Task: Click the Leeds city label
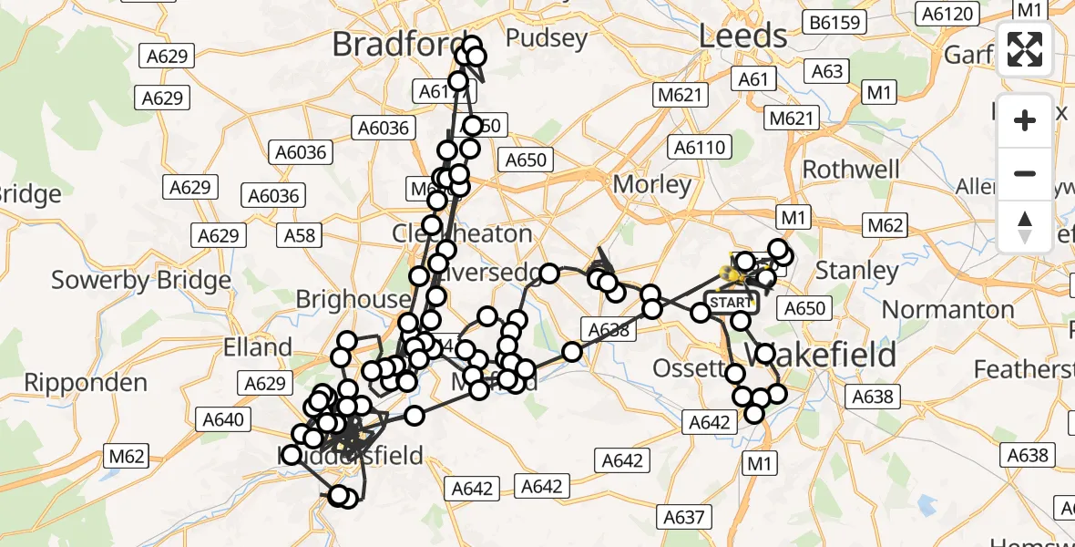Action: (742, 36)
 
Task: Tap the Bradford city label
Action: (393, 43)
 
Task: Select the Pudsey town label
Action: (546, 37)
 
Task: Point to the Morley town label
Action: (651, 184)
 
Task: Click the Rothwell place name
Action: (851, 170)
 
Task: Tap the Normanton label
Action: (947, 310)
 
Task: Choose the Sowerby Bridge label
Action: (141, 280)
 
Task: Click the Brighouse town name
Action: (353, 299)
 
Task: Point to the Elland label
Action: (259, 347)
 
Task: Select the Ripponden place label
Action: (86, 382)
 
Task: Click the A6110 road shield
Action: (698, 147)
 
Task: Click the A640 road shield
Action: (223, 419)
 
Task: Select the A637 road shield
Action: (683, 518)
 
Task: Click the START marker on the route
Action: (731, 303)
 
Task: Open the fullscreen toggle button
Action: (1025, 49)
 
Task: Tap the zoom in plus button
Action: (1025, 120)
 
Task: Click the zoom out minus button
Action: (1025, 173)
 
